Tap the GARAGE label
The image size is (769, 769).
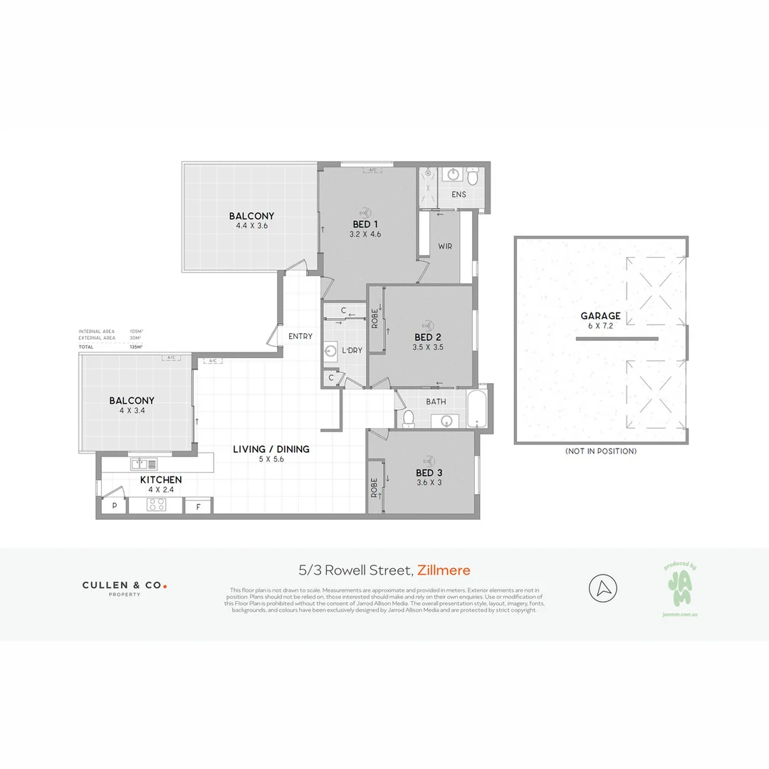600,316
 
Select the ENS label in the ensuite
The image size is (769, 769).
459,194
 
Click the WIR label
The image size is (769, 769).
445,246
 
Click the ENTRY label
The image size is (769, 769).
300,336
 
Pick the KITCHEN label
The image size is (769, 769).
160,480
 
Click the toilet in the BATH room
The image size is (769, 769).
408,418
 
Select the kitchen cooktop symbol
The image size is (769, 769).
156,505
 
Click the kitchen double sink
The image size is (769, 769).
144,464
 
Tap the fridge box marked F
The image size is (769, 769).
198,506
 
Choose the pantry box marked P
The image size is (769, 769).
114,506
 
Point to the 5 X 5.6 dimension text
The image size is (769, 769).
271,459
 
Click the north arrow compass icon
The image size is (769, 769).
603,588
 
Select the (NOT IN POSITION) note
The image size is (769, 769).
601,451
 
